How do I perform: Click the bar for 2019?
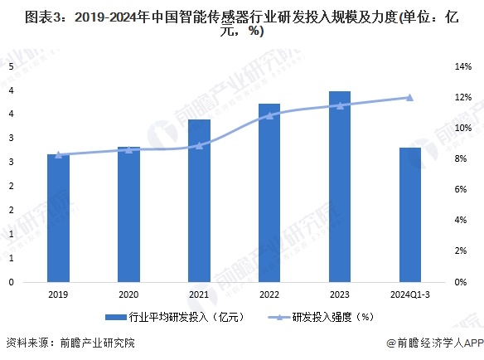pos(58,218)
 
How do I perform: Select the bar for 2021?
pos(199,201)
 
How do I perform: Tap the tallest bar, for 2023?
pos(340,187)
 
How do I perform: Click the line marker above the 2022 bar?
pos(269,115)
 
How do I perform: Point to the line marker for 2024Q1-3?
pos(410,97)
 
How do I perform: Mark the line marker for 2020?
pos(128,149)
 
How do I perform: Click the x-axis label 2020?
pos(128,294)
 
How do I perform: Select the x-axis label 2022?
pos(269,294)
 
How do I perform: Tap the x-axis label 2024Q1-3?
pos(410,294)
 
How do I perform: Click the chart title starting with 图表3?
pos(241,22)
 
